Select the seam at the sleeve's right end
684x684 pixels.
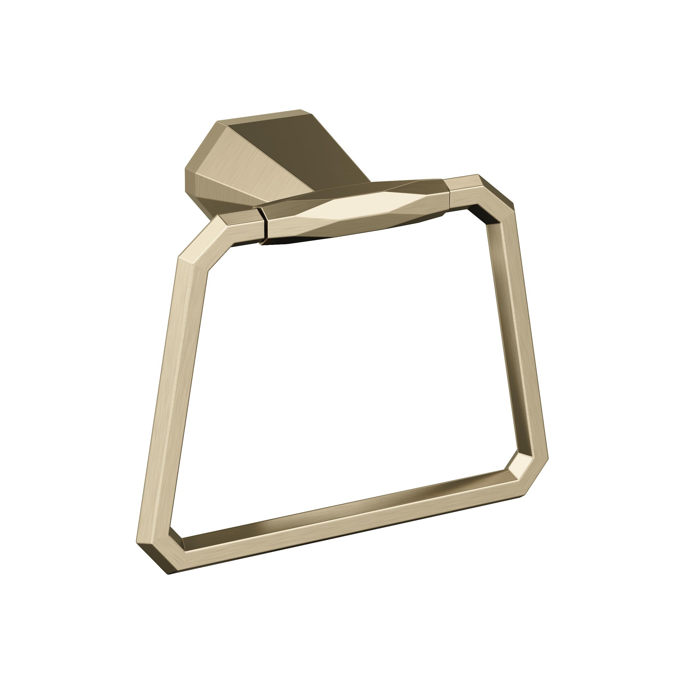(447, 193)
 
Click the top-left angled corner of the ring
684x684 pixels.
(198, 244)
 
